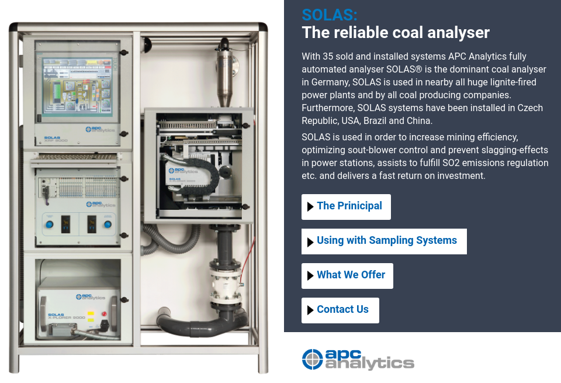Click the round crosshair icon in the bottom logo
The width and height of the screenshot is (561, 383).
point(312,359)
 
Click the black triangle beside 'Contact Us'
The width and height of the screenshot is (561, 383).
point(310,310)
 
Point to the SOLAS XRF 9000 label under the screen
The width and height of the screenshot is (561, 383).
point(56,139)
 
